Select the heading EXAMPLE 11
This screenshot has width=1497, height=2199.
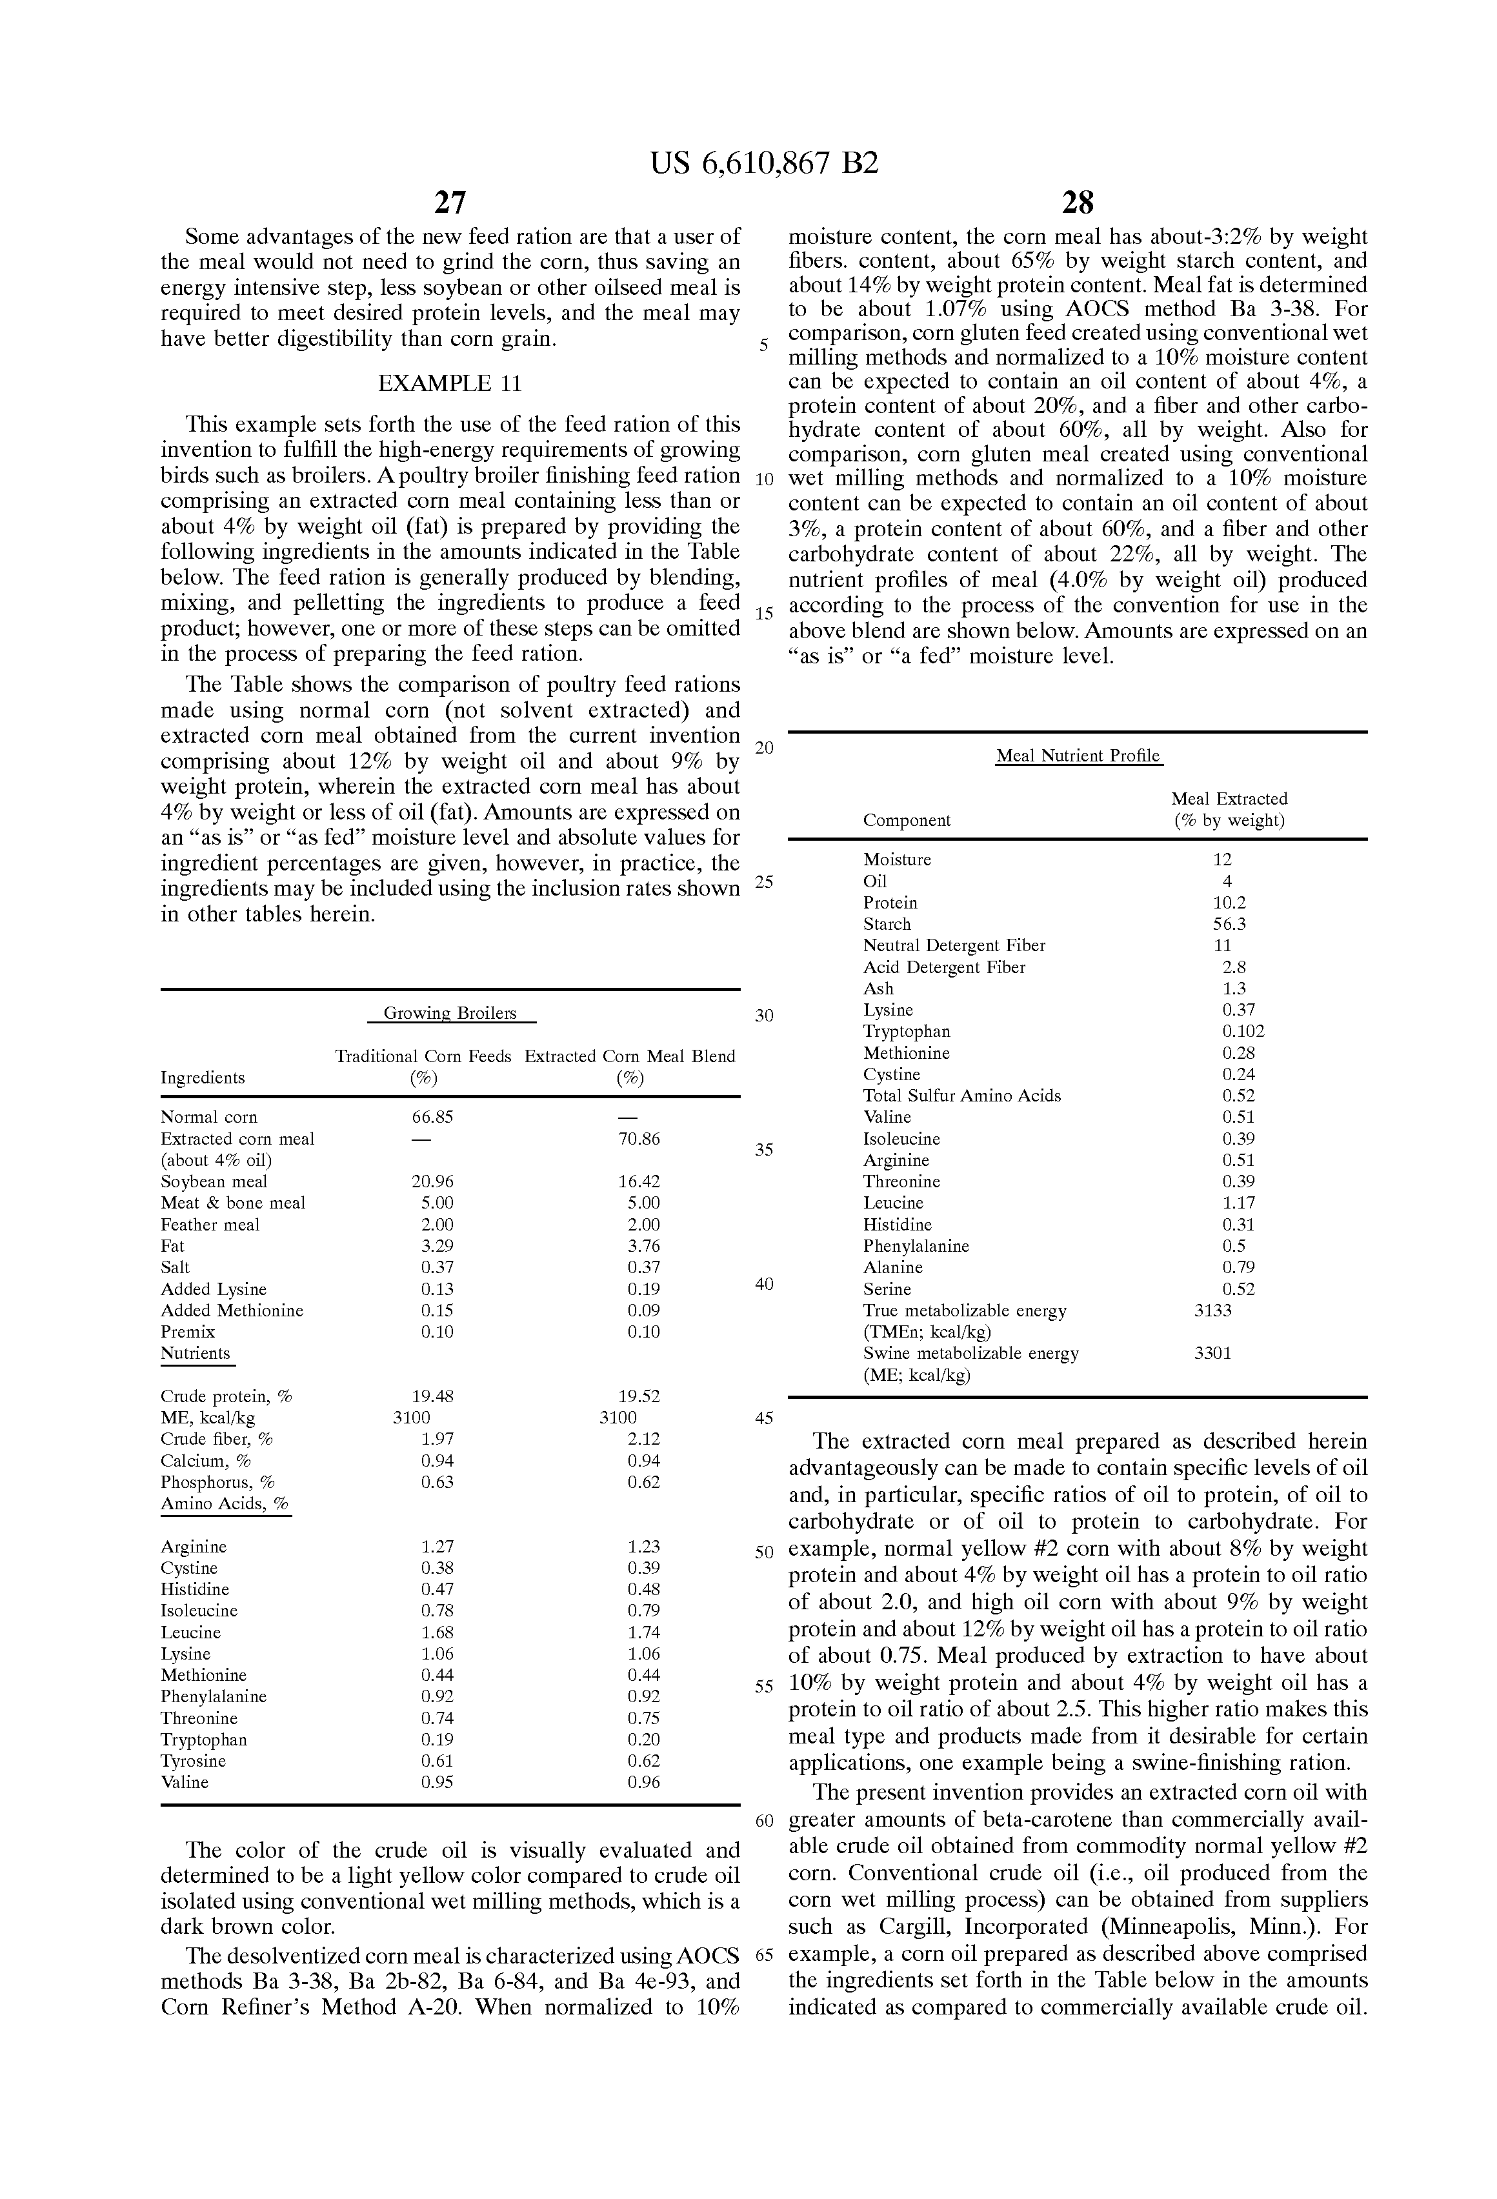coord(450,383)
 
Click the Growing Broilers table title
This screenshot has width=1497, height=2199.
coord(450,1014)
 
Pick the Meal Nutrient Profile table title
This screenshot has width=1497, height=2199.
coord(1078,756)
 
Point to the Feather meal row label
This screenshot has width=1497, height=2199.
coord(210,1225)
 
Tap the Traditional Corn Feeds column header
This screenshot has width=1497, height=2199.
coord(423,1056)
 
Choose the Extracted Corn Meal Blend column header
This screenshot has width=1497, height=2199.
coord(629,1056)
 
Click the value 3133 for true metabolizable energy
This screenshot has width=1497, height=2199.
coord(1213,1310)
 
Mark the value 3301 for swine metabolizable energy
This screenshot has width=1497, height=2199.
coord(1213,1353)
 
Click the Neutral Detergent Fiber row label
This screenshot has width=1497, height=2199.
coord(954,945)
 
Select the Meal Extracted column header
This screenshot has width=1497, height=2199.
coord(1229,799)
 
